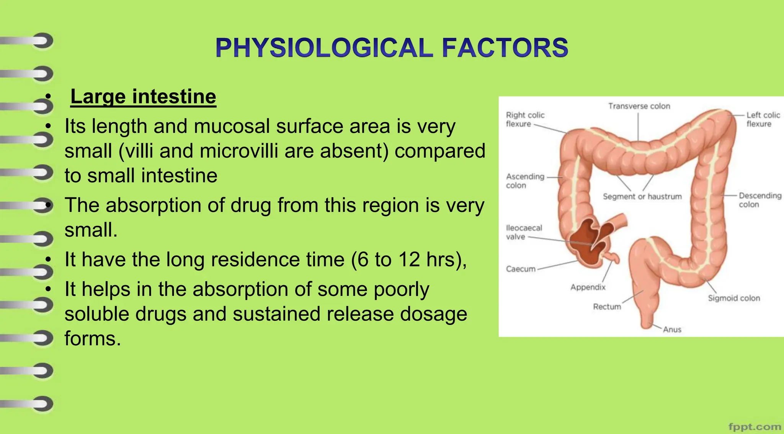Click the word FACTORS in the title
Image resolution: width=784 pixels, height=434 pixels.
(505, 48)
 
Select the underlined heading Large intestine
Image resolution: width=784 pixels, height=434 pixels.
(143, 96)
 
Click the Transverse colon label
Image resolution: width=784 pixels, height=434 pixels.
(639, 106)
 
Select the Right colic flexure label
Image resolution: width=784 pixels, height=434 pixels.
(525, 119)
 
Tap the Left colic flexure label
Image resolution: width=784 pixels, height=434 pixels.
(763, 119)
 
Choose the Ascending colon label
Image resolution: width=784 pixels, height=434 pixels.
(525, 181)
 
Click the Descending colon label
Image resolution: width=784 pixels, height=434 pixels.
(759, 200)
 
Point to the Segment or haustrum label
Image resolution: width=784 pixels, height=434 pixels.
(642, 196)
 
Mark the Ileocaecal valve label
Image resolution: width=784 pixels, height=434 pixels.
(524, 232)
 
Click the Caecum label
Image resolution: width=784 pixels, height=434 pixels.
(521, 269)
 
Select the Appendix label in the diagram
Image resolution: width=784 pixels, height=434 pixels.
(588, 287)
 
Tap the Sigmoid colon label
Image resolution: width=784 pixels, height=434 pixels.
(733, 298)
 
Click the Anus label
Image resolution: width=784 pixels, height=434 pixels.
(672, 330)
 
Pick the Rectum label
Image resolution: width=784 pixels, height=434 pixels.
(607, 307)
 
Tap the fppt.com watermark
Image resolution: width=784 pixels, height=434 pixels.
(754, 426)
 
